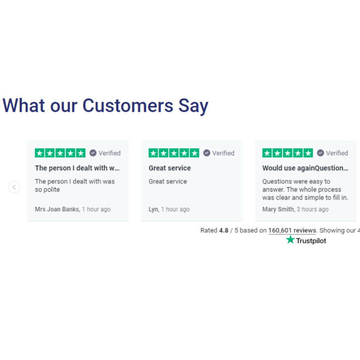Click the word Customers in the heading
tap(128, 106)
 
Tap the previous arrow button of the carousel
tap(14, 187)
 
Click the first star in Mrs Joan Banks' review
tap(40, 153)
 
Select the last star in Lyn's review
tap(194, 153)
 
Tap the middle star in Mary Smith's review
tap(288, 153)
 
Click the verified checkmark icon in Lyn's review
tap(207, 153)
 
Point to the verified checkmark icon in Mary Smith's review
tap(320, 153)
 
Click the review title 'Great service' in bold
tap(170, 168)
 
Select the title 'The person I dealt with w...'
tap(77, 168)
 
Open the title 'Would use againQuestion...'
tap(305, 168)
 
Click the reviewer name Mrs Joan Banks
tap(57, 209)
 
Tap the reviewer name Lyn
tap(153, 209)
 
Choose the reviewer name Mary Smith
tap(278, 209)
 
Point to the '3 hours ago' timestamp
tap(313, 209)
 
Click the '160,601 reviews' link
tap(292, 230)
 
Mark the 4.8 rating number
tap(224, 230)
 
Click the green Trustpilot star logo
tap(290, 239)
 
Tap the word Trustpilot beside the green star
tap(311, 241)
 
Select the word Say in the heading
tap(193, 106)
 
